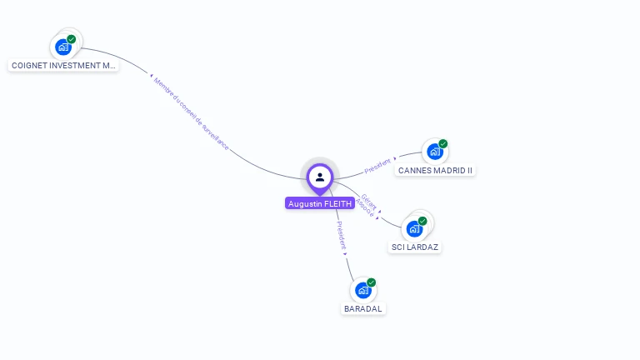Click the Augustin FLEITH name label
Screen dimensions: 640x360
click(x=320, y=203)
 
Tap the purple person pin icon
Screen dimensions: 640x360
click(x=320, y=177)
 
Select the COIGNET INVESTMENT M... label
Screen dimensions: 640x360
click(x=63, y=65)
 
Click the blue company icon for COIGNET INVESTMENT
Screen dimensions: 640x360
click(x=63, y=47)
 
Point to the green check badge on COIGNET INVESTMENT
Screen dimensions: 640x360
click(x=72, y=39)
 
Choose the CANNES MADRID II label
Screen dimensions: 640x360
click(x=435, y=170)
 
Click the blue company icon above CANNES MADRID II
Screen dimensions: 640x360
click(x=434, y=152)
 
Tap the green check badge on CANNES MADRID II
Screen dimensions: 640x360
click(x=443, y=143)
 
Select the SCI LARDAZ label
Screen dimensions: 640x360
click(x=415, y=247)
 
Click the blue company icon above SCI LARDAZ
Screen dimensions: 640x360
click(x=414, y=228)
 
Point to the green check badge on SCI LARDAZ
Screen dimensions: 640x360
click(x=422, y=221)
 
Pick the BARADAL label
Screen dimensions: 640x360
click(x=363, y=308)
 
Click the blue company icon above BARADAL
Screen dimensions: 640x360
click(x=362, y=290)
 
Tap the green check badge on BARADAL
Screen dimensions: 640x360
click(x=372, y=282)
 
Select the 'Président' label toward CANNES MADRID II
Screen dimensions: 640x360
click(x=378, y=165)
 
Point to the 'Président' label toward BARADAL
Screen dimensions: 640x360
click(x=340, y=236)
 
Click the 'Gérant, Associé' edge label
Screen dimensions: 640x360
click(x=367, y=206)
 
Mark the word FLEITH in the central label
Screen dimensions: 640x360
click(x=337, y=203)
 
